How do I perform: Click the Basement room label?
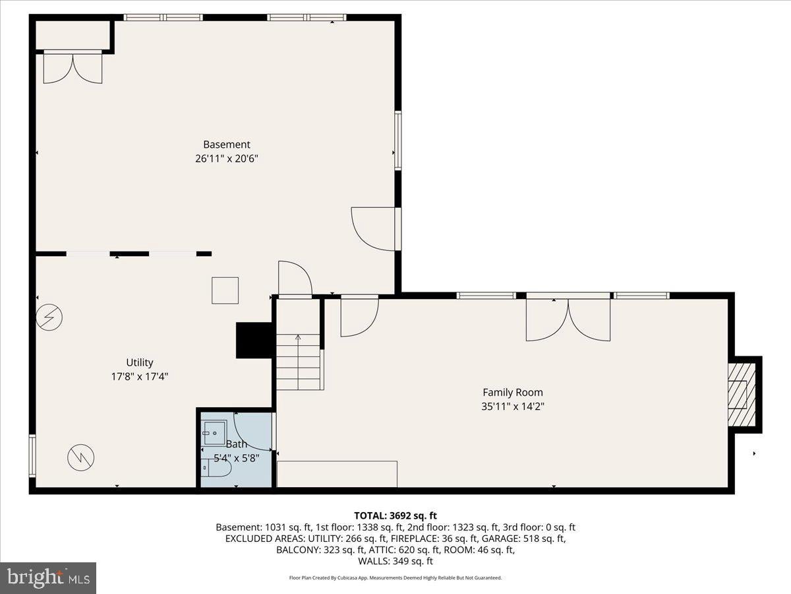pos(227,145)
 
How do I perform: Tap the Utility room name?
pos(140,362)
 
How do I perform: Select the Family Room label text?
pos(512,393)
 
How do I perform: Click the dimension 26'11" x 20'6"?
pos(227,158)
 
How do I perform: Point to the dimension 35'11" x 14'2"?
pos(512,407)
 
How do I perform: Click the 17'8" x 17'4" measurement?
pos(140,377)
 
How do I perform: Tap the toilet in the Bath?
pos(216,468)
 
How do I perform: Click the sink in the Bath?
pos(215,433)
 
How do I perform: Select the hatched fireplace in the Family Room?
pos(742,395)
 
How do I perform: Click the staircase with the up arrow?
pos(299,362)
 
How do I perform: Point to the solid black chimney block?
pos(254,340)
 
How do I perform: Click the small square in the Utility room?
pos(225,290)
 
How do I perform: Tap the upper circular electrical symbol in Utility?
pos(49,317)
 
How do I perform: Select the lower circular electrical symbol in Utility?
pos(80,457)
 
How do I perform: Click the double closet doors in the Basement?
pos(73,67)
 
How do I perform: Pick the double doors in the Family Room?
pos(568,318)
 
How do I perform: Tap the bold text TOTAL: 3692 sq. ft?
pos(395,515)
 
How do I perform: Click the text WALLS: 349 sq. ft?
pos(395,561)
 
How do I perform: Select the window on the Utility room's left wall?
pos(32,456)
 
